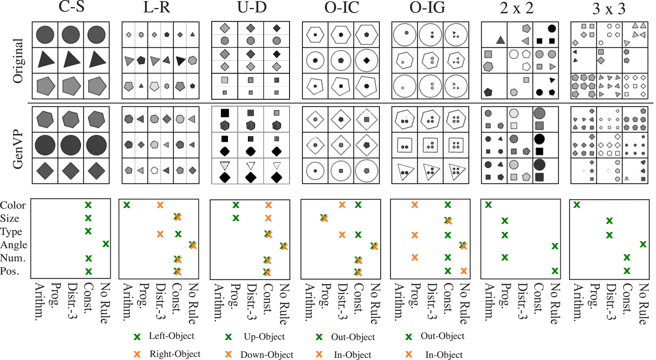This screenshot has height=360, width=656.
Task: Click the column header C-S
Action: pyautogui.click(x=72, y=7)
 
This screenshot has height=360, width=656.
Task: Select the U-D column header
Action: pyautogui.click(x=252, y=7)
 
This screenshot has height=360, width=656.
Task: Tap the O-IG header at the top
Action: pyautogui.click(x=427, y=7)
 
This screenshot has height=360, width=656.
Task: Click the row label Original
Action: pyautogui.click(x=18, y=61)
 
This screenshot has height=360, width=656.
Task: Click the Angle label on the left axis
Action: pyautogui.click(x=14, y=245)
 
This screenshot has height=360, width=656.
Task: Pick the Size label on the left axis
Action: pyautogui.click(x=10, y=218)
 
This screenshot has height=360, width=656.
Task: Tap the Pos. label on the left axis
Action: pyautogui.click(x=10, y=271)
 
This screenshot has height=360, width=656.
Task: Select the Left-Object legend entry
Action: pyautogui.click(x=171, y=336)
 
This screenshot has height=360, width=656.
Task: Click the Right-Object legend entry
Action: pyautogui.click(x=175, y=354)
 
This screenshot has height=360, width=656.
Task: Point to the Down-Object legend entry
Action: pyautogui.click(x=267, y=355)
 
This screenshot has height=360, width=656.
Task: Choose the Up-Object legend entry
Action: pyautogui.click(x=264, y=337)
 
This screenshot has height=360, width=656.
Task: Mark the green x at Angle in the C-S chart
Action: pyautogui.click(x=106, y=244)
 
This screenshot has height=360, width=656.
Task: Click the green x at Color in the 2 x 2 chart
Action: pyautogui.click(x=488, y=205)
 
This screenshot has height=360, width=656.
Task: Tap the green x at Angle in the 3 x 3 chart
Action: pyautogui.click(x=643, y=244)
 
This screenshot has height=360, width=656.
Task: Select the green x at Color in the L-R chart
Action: pyautogui.click(x=126, y=205)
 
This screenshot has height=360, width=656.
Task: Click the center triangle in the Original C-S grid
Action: pyautogui.click(x=72, y=60)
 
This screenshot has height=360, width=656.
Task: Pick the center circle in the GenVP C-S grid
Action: pyautogui.click(x=71, y=145)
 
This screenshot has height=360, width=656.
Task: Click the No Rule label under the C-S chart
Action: pyautogui.click(x=105, y=303)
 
